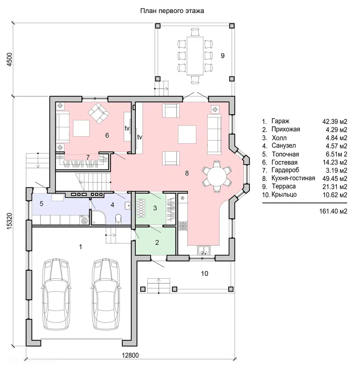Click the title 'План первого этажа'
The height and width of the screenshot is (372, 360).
(x=172, y=11)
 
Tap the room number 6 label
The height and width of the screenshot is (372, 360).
(x=107, y=135)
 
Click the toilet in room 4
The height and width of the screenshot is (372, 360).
(x=118, y=219)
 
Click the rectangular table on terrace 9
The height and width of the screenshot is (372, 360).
(x=195, y=56)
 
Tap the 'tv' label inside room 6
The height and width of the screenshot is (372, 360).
(x=127, y=128)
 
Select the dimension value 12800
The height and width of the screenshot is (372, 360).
(x=130, y=355)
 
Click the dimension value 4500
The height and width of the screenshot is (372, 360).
(x=9, y=59)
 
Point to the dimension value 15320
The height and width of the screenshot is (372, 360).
(x=9, y=221)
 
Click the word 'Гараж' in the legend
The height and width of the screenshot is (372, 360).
(x=280, y=121)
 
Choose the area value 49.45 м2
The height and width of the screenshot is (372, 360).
(x=335, y=178)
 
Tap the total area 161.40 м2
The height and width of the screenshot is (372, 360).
(x=333, y=211)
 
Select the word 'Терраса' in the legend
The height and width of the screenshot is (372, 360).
(x=284, y=186)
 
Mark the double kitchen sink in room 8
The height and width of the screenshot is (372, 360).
(x=204, y=250)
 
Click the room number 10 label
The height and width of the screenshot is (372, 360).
(x=204, y=274)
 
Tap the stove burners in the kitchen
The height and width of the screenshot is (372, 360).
(x=183, y=226)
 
